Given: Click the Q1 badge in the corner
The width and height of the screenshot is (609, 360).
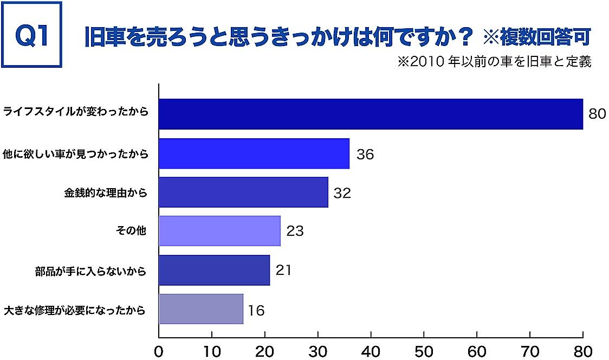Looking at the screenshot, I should coord(33,35).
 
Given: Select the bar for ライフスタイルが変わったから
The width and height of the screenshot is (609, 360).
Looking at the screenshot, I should coord(371,114).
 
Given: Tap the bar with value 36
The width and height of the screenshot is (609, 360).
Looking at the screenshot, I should coord(254,153).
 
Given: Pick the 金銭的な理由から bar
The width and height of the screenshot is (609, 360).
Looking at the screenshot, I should coord(243,192).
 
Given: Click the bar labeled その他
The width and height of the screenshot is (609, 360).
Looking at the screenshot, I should coord(219,231).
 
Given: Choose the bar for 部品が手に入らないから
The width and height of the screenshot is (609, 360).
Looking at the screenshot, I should coord(214,270).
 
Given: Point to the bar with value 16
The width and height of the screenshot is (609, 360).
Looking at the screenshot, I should coord(201,309).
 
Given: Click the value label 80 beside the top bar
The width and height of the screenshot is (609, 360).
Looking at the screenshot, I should coord(597,114).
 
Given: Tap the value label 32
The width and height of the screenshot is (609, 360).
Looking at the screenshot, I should coord(342,193).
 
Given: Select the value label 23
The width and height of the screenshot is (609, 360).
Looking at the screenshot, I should coord(295,232).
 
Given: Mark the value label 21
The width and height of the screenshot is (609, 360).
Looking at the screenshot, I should coord(283,270).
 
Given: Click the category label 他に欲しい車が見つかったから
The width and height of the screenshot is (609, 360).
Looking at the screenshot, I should coord(75,154).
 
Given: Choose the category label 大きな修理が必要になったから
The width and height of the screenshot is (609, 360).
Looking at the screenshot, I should coord(75,311).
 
